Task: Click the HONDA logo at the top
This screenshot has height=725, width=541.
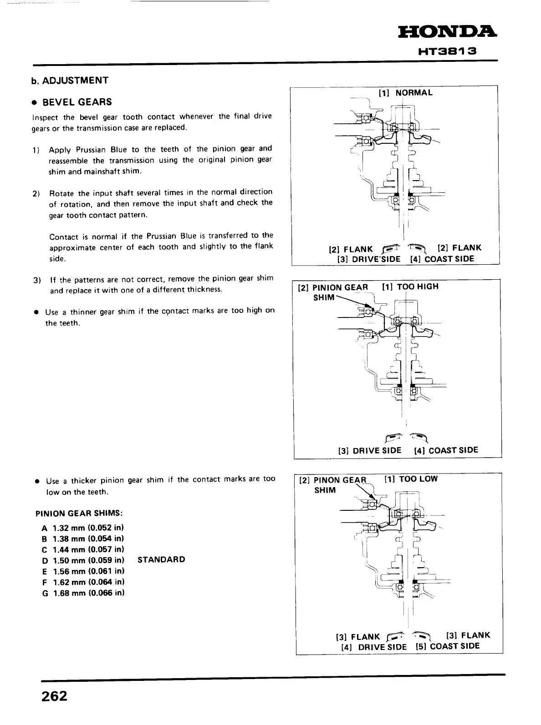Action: pyautogui.click(x=448, y=32)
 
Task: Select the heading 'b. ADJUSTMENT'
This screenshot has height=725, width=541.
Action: pyautogui.click(x=70, y=81)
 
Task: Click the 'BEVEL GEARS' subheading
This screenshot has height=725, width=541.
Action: pyautogui.click(x=77, y=102)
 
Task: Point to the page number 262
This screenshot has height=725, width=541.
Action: pyautogui.click(x=54, y=696)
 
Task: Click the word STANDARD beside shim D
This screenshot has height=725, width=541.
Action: pyautogui.click(x=161, y=559)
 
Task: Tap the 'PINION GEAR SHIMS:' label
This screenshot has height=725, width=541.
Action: pyautogui.click(x=79, y=514)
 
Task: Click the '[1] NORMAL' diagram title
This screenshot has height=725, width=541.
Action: pyautogui.click(x=405, y=93)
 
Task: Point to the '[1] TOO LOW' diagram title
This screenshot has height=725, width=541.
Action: pyautogui.click(x=411, y=479)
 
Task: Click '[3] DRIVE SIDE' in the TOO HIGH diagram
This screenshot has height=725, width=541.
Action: pyautogui.click(x=370, y=450)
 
